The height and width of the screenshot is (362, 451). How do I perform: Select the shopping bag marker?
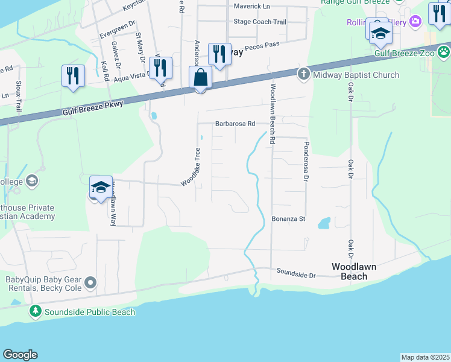click(200, 78)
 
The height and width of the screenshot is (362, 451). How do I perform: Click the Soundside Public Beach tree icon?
click(36, 311)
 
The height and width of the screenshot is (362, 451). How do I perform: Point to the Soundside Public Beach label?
click(89, 312)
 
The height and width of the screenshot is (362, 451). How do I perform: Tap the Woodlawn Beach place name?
click(358, 271)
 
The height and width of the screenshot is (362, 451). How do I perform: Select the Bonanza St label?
click(289, 219)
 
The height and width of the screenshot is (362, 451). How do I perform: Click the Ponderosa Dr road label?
click(306, 161)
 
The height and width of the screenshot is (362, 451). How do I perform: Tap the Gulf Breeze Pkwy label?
click(93, 109)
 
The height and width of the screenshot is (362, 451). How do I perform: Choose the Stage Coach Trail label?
click(259, 22)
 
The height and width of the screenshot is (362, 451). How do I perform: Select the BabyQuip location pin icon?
click(90, 282)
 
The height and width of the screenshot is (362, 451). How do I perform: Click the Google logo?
click(20, 355)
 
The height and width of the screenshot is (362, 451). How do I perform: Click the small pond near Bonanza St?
click(324, 224)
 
